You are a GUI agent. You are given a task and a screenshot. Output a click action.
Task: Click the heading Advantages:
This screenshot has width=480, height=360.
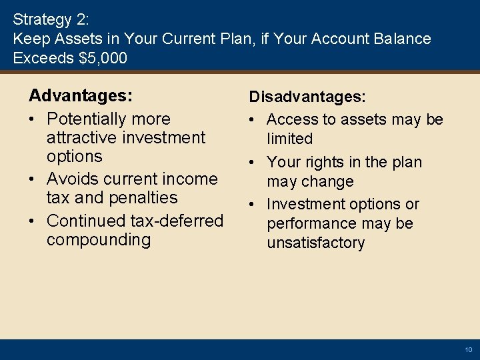pyautogui.click(x=80, y=96)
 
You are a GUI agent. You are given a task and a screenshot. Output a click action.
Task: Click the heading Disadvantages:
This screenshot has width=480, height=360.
pyautogui.click(x=307, y=97)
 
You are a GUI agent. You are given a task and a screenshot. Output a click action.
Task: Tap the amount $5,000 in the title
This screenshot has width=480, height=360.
pyautogui.click(x=103, y=59)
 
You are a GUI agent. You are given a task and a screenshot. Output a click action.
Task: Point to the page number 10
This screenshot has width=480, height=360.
pyautogui.click(x=468, y=350)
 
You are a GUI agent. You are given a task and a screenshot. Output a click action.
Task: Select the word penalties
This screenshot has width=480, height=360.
pyautogui.click(x=145, y=198)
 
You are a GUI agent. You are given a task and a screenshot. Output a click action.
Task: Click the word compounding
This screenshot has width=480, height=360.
pyautogui.click(x=99, y=239)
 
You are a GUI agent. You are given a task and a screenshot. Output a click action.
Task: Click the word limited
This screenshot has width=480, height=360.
pyautogui.click(x=289, y=139)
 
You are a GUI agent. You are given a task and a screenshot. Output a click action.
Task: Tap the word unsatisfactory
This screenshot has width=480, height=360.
pyautogui.click(x=316, y=243)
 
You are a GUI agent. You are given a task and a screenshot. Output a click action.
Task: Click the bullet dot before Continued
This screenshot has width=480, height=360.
pyautogui.click(x=34, y=221)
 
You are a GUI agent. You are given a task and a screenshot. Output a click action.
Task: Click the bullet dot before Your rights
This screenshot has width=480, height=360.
pyautogui.click(x=254, y=163)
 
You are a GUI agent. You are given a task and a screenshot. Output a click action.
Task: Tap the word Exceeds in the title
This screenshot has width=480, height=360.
pyautogui.click(x=43, y=59)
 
